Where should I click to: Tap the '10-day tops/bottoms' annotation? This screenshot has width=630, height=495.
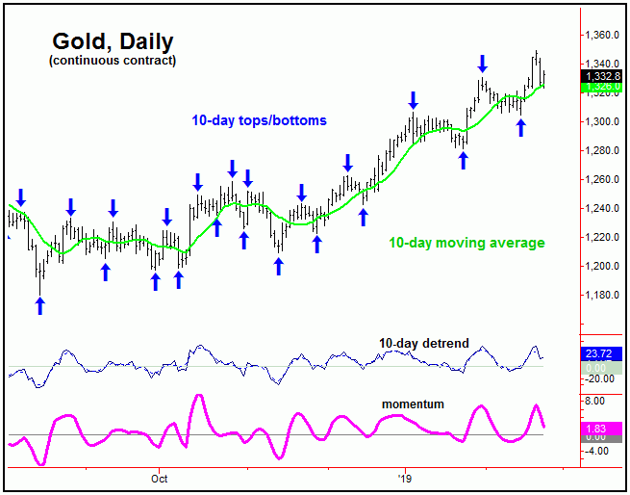(x=258, y=120)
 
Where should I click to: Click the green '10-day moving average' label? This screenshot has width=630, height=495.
(x=466, y=243)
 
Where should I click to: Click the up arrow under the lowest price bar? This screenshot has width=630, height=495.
(x=40, y=305)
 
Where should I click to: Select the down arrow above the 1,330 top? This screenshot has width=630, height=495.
(x=482, y=64)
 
